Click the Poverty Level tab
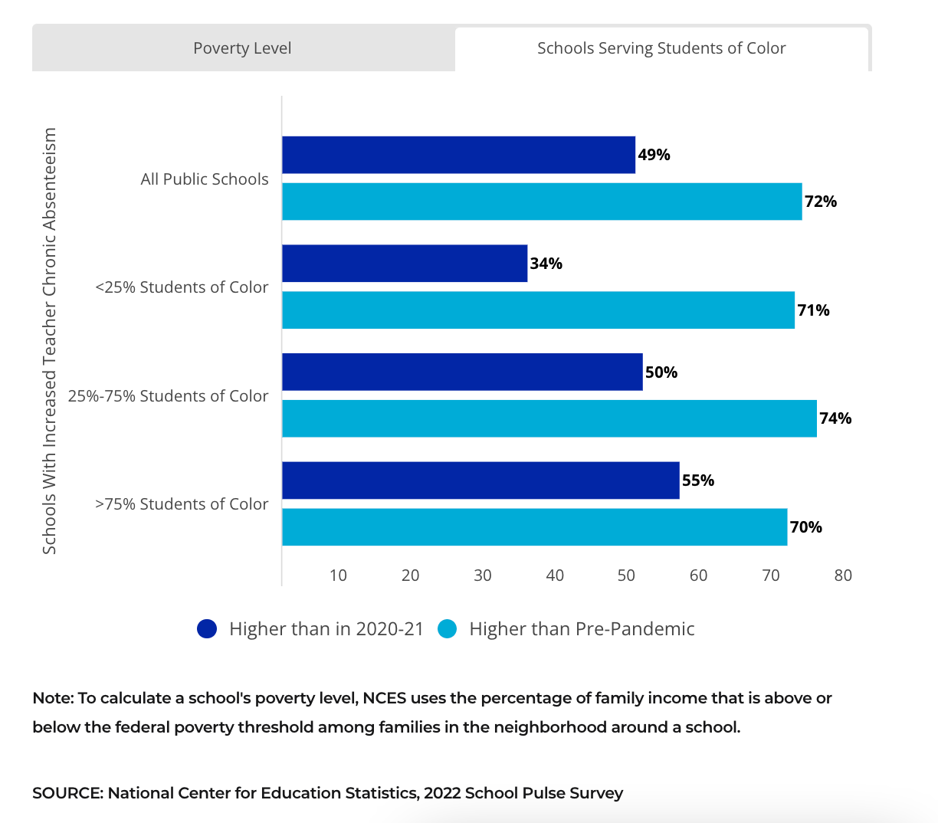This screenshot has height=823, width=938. (x=242, y=48)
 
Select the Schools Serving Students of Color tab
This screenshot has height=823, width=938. (x=661, y=48)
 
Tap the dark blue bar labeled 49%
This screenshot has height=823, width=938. (x=458, y=155)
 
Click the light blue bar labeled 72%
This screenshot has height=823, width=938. (x=542, y=202)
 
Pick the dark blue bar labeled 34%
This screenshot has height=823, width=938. (x=405, y=264)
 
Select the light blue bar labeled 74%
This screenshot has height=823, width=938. (x=549, y=418)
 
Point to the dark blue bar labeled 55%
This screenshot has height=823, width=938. (x=480, y=480)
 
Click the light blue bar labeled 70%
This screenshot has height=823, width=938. (x=534, y=527)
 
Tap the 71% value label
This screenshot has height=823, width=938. (x=813, y=310)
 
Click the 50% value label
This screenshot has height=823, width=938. (x=661, y=372)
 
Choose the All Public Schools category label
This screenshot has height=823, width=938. (x=205, y=179)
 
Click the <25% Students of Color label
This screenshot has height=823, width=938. (x=182, y=287)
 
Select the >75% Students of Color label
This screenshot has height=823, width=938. (x=182, y=504)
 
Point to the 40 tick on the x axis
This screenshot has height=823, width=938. (x=555, y=575)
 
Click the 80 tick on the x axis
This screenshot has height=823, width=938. (x=843, y=575)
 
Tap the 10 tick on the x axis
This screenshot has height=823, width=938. (x=338, y=575)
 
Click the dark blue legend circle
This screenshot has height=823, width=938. (x=207, y=629)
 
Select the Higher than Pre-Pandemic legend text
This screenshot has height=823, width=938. (x=582, y=629)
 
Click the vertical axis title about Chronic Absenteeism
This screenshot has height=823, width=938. (x=50, y=341)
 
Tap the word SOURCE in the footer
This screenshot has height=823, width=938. (x=66, y=793)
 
